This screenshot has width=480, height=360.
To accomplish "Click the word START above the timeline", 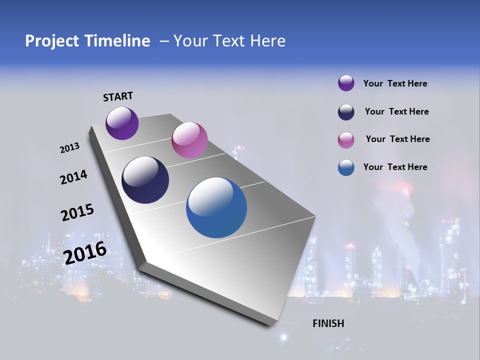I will point(118,96).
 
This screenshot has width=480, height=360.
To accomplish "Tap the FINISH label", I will point(328,323).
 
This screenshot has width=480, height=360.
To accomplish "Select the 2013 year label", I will point(69,148).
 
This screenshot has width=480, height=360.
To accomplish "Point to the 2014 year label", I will point(73,177).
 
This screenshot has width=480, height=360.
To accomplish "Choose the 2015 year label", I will point(77,212).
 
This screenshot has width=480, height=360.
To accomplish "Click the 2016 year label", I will point(85,253).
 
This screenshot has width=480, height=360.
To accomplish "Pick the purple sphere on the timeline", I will point(122,123).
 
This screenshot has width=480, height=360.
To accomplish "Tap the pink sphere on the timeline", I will point(189,140).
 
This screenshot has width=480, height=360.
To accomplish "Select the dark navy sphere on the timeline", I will point(145,180).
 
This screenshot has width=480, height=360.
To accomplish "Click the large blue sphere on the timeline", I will point(216,207).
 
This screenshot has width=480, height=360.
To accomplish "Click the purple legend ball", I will point(346,83).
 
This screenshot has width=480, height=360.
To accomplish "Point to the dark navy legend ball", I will point(346,112).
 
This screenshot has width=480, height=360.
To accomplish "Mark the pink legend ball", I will point(346,140).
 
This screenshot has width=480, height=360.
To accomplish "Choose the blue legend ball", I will point(346,167).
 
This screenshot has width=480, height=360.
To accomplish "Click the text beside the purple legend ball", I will point(395,84).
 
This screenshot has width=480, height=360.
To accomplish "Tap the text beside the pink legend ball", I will point(397,139).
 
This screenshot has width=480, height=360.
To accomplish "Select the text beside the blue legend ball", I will point(395,167).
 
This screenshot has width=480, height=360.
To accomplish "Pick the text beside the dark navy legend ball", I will point(396,111).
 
